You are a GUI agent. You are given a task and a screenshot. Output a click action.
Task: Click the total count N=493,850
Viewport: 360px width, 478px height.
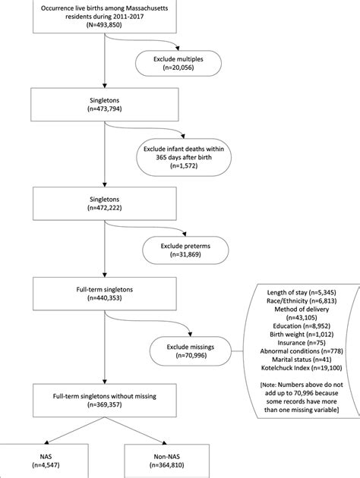(104, 25)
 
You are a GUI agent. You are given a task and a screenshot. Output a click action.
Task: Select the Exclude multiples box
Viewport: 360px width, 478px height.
(178, 64)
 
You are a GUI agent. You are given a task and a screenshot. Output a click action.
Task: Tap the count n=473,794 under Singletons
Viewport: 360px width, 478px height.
(105, 108)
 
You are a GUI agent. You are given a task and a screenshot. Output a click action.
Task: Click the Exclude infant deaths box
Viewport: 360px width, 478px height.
(184, 157)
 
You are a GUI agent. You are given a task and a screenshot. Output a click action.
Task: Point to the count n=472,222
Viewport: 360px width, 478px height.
(105, 208)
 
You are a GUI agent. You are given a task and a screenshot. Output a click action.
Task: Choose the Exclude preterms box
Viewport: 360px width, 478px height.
(185, 250)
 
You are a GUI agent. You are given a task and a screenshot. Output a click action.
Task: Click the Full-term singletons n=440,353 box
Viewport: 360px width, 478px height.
(105, 294)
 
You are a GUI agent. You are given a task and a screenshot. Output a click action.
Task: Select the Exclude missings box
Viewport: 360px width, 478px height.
(191, 351)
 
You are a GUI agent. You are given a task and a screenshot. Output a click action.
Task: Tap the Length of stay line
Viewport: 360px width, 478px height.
(302, 293)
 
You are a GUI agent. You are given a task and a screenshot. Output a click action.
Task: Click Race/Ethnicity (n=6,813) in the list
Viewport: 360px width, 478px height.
(302, 301)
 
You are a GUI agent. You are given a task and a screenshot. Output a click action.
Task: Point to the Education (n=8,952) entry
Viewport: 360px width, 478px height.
(302, 326)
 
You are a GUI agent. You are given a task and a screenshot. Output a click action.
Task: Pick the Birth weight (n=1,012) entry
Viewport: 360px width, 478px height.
(302, 335)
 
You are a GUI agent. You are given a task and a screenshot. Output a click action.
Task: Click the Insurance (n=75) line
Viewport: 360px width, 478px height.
(302, 343)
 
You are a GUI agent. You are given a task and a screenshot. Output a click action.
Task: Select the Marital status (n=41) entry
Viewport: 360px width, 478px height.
(302, 360)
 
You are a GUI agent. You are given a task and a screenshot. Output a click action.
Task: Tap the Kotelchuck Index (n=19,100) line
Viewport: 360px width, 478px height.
(302, 368)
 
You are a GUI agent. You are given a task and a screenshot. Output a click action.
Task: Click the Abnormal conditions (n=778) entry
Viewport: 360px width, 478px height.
(302, 351)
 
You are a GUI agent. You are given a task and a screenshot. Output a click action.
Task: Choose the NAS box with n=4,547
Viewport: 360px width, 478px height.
(44, 461)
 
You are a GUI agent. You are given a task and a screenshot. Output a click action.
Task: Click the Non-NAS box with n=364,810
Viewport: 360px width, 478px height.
(167, 461)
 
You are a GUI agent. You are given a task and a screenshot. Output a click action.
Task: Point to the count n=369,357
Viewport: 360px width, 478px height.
(105, 405)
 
